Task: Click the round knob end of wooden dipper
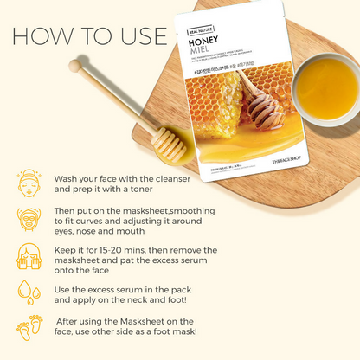click(76, 65)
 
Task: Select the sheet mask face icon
click(29, 220)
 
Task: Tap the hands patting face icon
click(29, 256)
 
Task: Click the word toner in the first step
click(161, 188)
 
